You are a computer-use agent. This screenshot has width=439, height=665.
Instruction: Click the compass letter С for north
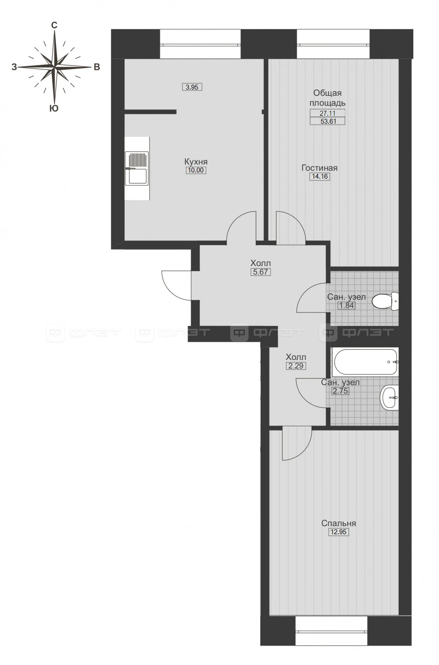pyautogui.click(x=55, y=26)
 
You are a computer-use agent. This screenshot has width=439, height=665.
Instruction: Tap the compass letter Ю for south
pyautogui.click(x=54, y=109)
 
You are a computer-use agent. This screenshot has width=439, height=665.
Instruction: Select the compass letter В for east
pyautogui.click(x=97, y=67)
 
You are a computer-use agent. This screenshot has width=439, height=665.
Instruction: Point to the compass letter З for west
pyautogui.click(x=14, y=67)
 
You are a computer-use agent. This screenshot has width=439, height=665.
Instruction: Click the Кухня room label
pyautogui.click(x=196, y=162)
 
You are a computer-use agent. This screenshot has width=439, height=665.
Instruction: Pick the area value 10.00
pyautogui.click(x=196, y=170)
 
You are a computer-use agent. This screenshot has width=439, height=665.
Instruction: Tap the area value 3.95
pyautogui.click(x=192, y=87)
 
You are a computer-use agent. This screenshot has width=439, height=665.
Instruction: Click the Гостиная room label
pyautogui.click(x=320, y=168)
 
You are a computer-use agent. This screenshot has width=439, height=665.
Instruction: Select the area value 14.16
pyautogui.click(x=320, y=176)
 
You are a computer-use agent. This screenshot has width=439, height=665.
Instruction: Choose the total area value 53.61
pyautogui.click(x=328, y=121)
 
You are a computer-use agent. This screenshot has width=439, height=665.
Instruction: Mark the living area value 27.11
pyautogui.click(x=328, y=113)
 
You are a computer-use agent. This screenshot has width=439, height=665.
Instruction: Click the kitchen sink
pyautogui.click(x=137, y=168)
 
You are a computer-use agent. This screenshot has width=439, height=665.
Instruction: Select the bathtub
pyautogui.click(x=365, y=362)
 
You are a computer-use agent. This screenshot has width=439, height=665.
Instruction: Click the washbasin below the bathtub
pyautogui.click(x=389, y=398)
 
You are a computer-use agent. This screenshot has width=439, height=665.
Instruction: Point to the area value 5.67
pyautogui.click(x=261, y=272)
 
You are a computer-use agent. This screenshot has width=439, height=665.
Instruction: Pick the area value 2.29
pyautogui.click(x=296, y=366)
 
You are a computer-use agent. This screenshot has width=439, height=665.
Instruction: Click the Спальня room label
pyautogui.click(x=339, y=524)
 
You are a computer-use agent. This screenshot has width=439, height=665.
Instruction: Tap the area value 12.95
pyautogui.click(x=339, y=532)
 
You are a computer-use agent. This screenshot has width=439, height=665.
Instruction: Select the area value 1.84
pyautogui.click(x=347, y=305)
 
